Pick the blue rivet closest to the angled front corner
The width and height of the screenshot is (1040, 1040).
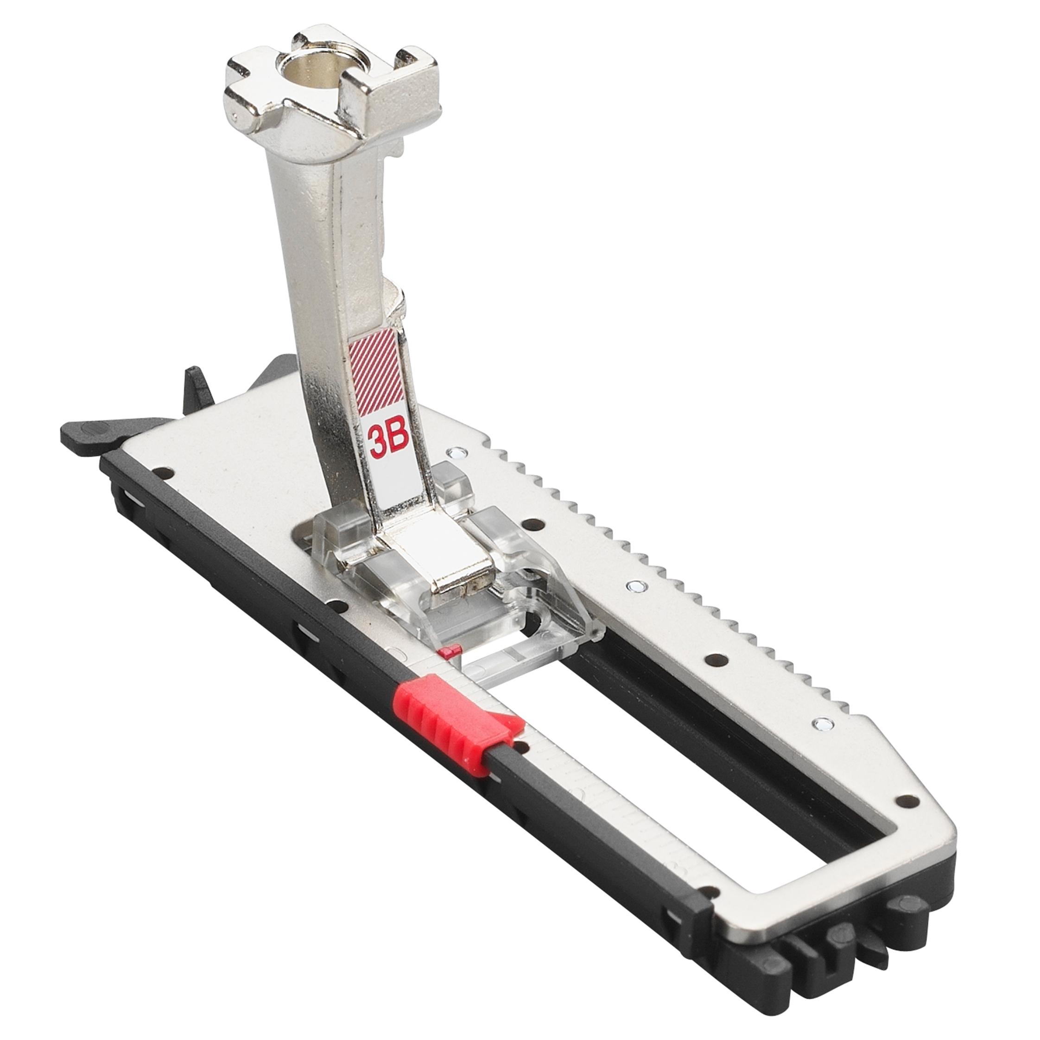pyautogui.click(x=821, y=723)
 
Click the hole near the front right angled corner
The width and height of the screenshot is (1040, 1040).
pyautogui.click(x=909, y=814)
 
